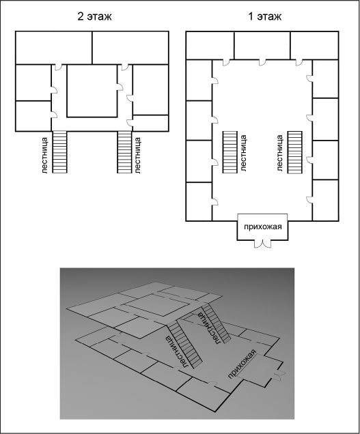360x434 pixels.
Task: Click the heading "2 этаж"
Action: (x=94, y=16)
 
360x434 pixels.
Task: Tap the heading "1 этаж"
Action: (x=264, y=16)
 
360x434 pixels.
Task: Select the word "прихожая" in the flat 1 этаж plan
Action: (x=262, y=227)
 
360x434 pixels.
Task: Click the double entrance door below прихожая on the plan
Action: (x=262, y=244)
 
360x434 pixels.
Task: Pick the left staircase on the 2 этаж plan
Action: (x=59, y=152)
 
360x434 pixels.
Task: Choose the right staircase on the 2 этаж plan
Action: (x=124, y=152)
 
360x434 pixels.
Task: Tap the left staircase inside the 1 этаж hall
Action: (x=230, y=152)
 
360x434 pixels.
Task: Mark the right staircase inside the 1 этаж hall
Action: (x=294, y=152)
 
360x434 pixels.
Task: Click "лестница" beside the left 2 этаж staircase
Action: (x=46, y=156)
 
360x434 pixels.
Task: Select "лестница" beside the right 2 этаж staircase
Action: (x=138, y=156)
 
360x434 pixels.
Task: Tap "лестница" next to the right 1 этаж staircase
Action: (x=280, y=153)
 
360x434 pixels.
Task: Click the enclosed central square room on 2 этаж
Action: (x=92, y=91)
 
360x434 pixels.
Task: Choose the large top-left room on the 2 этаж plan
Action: (x=54, y=48)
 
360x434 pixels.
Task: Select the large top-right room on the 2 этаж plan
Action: (x=130, y=48)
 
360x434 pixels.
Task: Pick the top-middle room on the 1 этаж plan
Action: (x=262, y=46)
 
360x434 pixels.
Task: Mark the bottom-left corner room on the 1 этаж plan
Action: (x=199, y=201)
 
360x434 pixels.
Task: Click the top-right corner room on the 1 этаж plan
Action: (x=314, y=46)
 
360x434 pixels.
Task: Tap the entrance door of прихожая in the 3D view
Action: (x=279, y=374)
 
